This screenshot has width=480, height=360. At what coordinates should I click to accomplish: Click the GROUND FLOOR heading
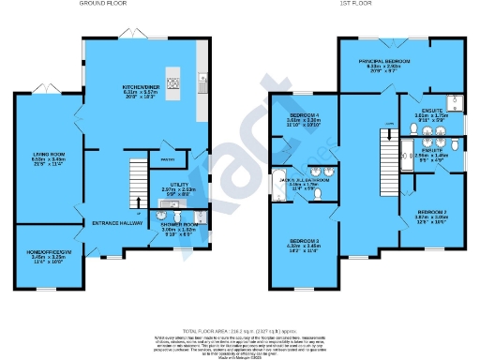coord(103,5)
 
